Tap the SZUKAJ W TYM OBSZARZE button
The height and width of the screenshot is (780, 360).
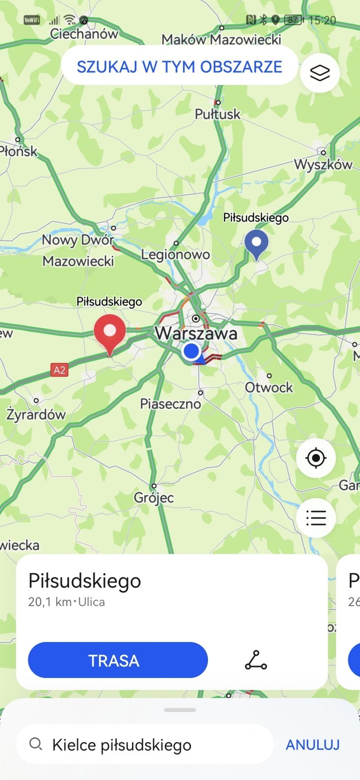click(x=179, y=67)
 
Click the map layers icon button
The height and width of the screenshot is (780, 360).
click(x=320, y=73)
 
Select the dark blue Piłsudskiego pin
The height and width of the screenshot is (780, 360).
click(x=256, y=244)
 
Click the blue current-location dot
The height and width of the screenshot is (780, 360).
click(x=191, y=350)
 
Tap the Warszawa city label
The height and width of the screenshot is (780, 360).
click(x=196, y=334)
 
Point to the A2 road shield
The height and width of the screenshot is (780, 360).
click(x=59, y=370)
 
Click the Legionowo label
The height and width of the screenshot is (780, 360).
click(x=175, y=254)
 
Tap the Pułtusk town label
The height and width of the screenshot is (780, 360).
click(x=218, y=114)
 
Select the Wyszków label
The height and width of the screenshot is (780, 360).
click(x=323, y=164)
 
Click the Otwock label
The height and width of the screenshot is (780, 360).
click(x=269, y=387)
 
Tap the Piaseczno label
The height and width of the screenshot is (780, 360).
click(x=170, y=403)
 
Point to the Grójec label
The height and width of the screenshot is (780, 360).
click(x=154, y=497)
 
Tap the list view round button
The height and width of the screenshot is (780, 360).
click(x=316, y=518)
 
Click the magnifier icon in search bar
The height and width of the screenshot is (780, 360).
click(x=36, y=744)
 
